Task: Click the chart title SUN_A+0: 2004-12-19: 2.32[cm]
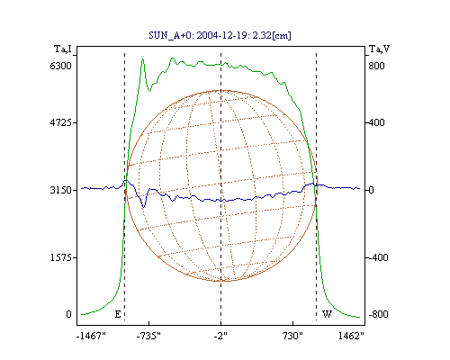click(x=220, y=35)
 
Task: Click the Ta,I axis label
click(x=63, y=49)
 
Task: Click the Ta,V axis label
click(x=379, y=49)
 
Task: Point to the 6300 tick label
click(x=61, y=66)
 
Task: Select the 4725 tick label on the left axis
click(x=61, y=122)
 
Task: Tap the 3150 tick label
click(x=61, y=190)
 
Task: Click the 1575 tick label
click(x=61, y=257)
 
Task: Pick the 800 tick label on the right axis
click(x=376, y=66)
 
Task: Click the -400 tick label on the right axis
click(x=378, y=257)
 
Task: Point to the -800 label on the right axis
click(x=378, y=314)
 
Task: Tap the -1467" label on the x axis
click(x=91, y=336)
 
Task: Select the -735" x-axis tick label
click(x=148, y=336)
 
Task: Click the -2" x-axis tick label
click(x=220, y=336)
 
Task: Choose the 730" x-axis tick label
click(x=292, y=336)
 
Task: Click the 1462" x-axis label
click(x=351, y=336)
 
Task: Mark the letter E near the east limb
click(x=118, y=314)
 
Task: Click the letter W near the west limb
click(x=327, y=314)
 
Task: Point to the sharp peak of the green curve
click(x=143, y=59)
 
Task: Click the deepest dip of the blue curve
click(x=143, y=207)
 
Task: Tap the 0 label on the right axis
click(x=371, y=190)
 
